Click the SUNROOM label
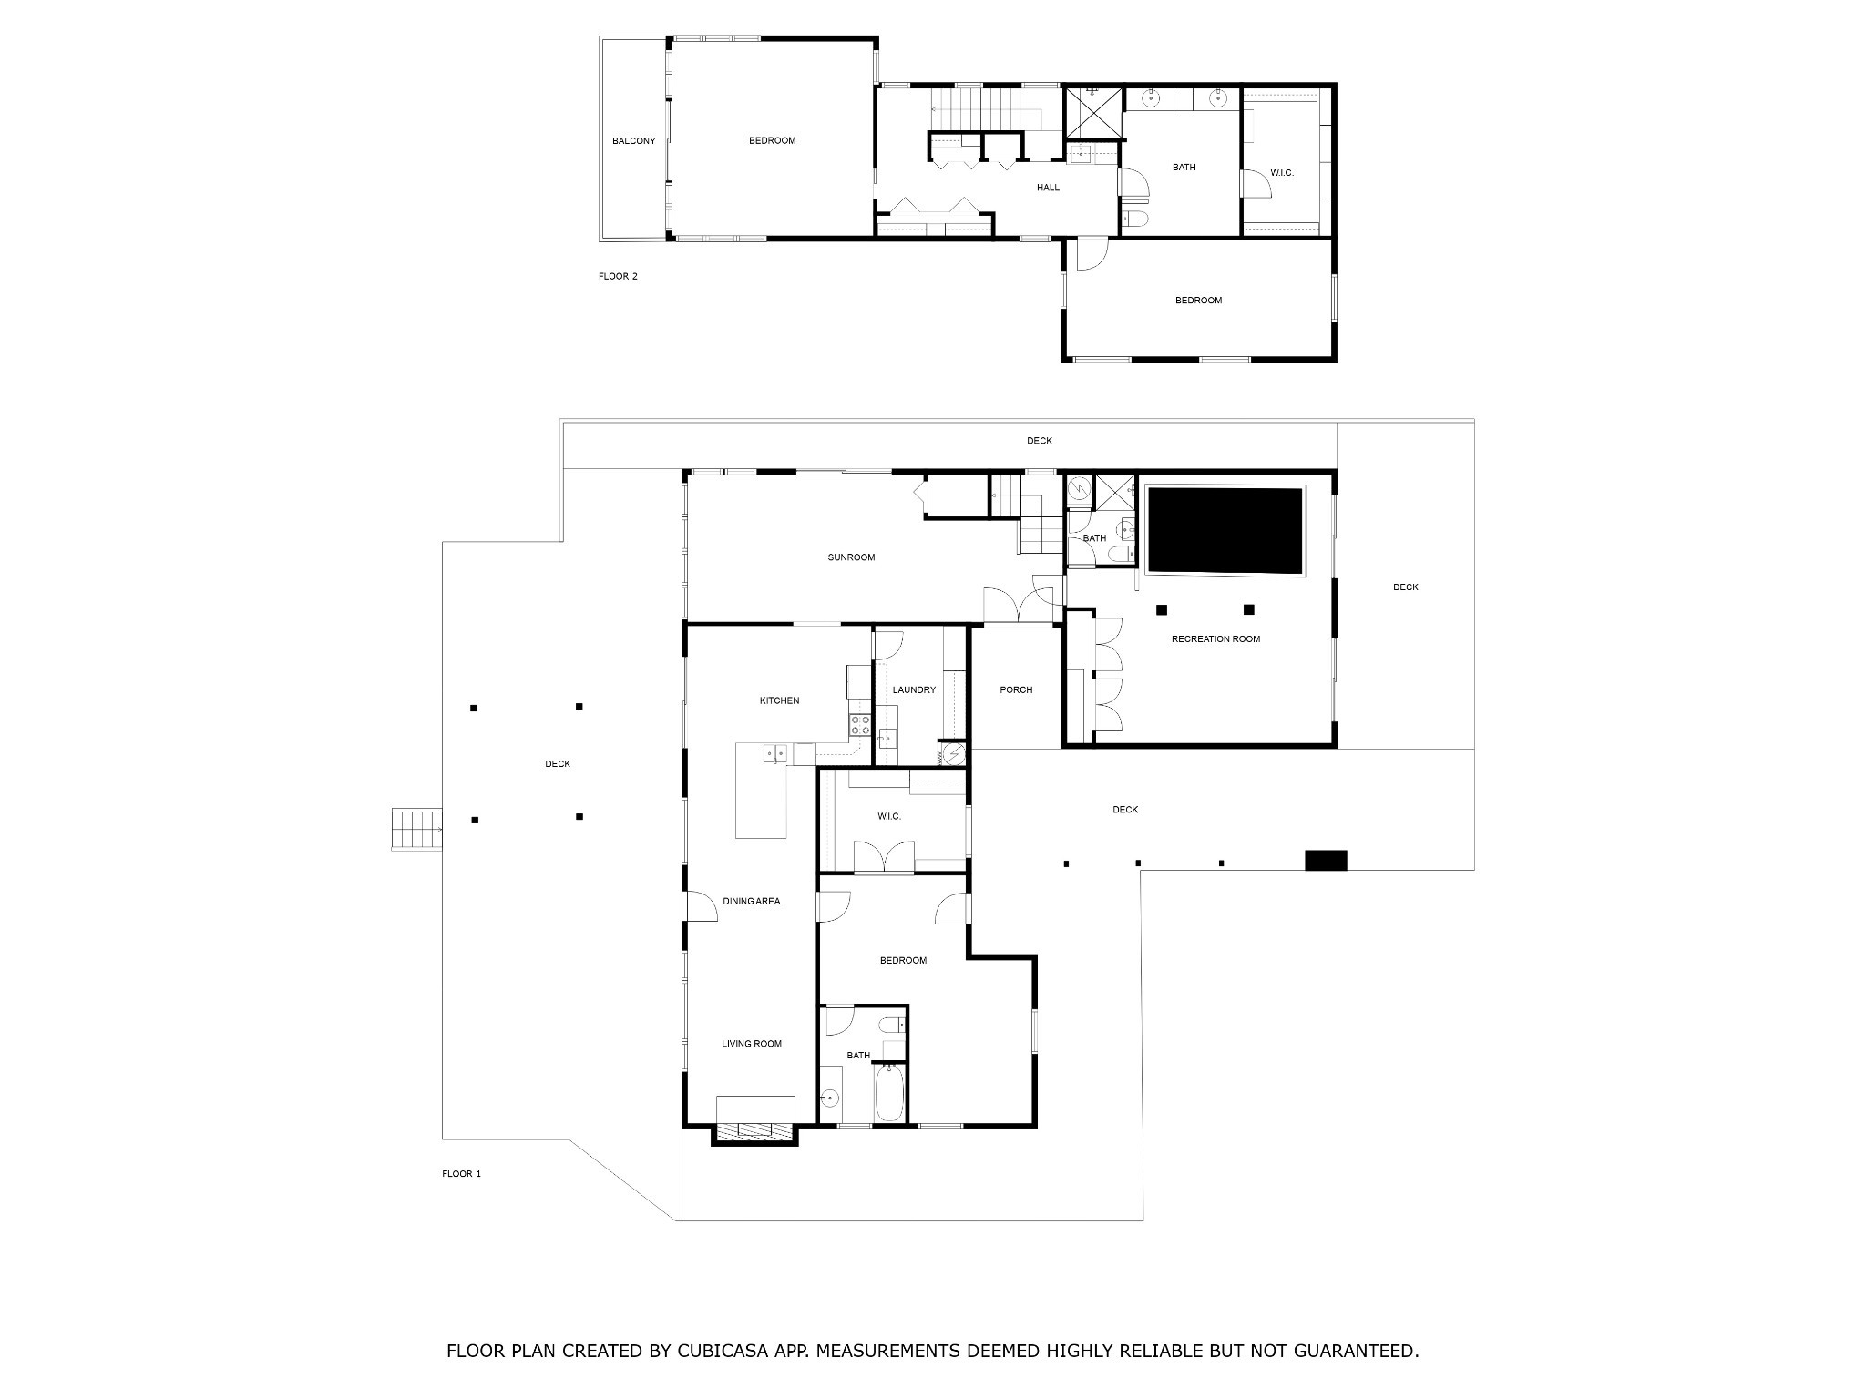(x=851, y=557)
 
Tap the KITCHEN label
(x=779, y=700)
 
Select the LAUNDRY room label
(x=914, y=690)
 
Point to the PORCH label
(x=1016, y=690)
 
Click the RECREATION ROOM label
(x=1215, y=639)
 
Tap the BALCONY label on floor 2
(x=633, y=141)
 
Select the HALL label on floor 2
(x=1048, y=188)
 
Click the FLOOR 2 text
(x=618, y=276)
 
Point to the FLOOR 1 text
(x=461, y=1174)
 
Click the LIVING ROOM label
(x=752, y=1044)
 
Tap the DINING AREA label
(x=752, y=902)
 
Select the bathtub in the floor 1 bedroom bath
(x=888, y=1093)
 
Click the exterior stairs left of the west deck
(x=416, y=830)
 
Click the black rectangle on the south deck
(x=1326, y=860)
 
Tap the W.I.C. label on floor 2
(x=1281, y=173)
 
